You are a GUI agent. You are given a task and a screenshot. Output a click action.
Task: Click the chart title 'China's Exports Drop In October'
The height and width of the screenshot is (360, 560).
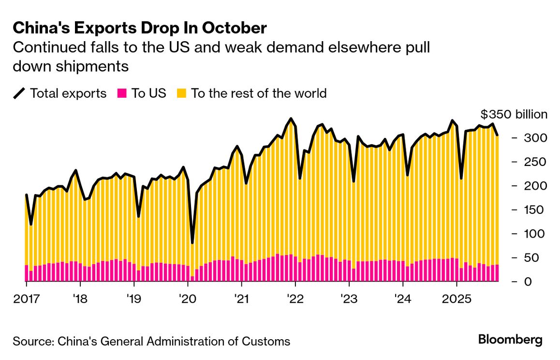point(139,28)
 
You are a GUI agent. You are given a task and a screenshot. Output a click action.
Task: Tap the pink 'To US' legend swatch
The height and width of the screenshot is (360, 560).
point(122,93)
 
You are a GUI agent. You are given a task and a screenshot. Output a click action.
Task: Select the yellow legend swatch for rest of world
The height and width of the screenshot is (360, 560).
point(181,93)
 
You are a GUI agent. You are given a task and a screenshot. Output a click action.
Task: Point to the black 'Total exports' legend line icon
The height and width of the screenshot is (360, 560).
point(20,93)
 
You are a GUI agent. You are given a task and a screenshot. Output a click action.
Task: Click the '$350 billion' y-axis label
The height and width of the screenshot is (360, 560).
point(514,115)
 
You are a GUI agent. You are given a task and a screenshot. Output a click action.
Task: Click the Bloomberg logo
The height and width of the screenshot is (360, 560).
point(510,340)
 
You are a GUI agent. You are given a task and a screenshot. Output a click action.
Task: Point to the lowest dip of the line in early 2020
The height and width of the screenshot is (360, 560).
point(192,242)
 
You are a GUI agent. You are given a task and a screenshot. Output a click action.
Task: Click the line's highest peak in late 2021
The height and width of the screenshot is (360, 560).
point(291,119)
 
